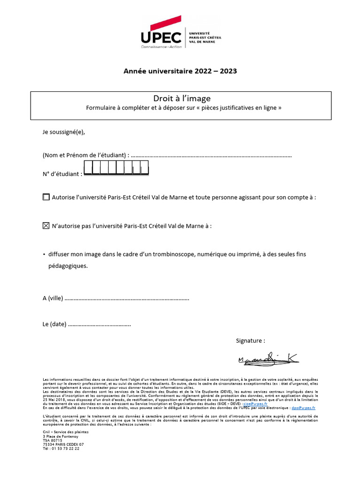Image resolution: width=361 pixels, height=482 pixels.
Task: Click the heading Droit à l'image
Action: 181,98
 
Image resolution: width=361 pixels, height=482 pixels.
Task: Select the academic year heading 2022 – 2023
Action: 180,72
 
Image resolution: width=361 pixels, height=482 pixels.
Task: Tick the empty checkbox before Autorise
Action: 46,197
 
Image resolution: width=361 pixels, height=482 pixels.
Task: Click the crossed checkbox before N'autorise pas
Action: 46,226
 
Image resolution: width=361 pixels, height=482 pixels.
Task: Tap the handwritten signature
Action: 268,360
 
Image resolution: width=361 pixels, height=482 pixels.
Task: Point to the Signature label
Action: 250,340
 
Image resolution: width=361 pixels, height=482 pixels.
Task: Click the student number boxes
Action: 116,168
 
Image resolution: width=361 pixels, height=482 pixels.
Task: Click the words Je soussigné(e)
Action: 64,132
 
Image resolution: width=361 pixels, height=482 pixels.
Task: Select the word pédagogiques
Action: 68,266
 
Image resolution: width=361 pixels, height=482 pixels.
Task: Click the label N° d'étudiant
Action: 62,174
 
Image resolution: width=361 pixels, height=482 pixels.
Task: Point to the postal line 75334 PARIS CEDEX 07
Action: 63,444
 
